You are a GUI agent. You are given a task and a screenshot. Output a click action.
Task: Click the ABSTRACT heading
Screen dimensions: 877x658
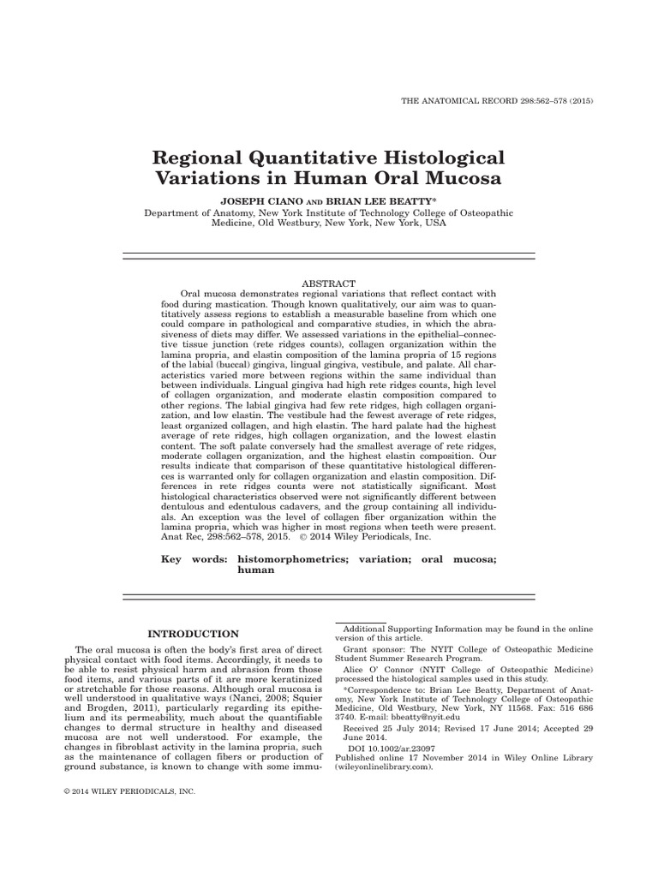[x=329, y=283]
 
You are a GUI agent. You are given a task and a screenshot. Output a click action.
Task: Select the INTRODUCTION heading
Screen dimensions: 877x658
[x=194, y=634]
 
